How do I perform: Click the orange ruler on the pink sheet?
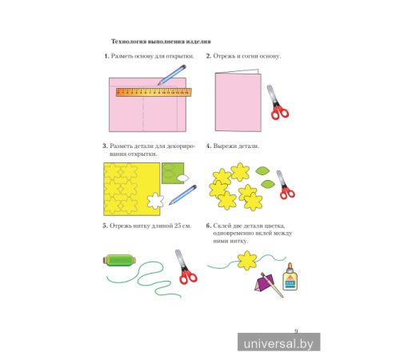tap(154, 92)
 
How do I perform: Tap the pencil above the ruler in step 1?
tap(172, 74)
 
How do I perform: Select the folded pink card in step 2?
tap(238, 101)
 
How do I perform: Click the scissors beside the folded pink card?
tap(278, 102)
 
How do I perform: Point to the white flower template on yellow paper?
tap(155, 201)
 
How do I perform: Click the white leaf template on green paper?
tap(183, 178)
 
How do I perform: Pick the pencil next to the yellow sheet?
tap(183, 195)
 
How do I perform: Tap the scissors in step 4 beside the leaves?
tap(286, 185)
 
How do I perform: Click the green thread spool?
tap(119, 260)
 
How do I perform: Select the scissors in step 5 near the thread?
tap(186, 267)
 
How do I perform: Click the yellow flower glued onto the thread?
tap(247, 260)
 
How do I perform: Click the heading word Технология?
tap(129, 42)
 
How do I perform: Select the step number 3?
tap(105, 146)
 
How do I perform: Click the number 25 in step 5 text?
tap(178, 226)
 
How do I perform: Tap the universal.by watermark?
tap(279, 342)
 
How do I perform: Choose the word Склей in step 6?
tap(222, 226)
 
